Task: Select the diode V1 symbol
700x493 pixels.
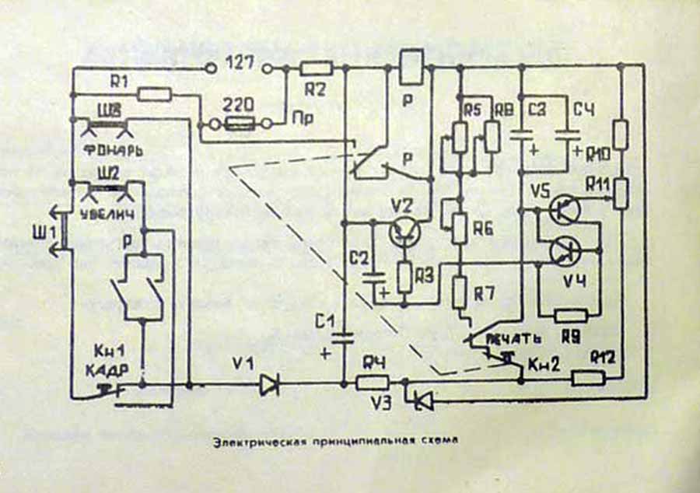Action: [x=270, y=383]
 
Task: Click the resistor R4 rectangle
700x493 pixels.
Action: [x=373, y=383]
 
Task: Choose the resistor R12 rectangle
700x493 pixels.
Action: [x=590, y=379]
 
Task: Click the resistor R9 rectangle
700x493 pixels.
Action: [x=572, y=315]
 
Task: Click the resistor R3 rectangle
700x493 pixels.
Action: [x=404, y=277]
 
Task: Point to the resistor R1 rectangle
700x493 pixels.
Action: [x=155, y=94]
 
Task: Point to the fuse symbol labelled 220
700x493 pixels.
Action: [x=237, y=123]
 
